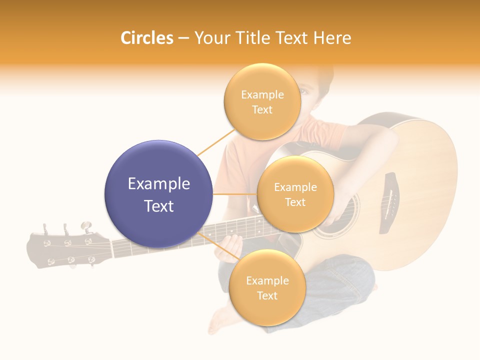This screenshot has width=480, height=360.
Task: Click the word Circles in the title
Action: (147, 38)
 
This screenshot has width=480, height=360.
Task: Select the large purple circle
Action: (158, 194)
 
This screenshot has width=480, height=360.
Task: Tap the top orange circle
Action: (262, 101)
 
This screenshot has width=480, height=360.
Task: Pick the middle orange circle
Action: (295, 194)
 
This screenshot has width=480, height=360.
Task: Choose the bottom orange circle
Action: (266, 287)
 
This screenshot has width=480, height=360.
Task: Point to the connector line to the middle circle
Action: (235, 194)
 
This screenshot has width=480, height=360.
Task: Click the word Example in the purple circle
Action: (158, 184)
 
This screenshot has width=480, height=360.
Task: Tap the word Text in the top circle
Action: (262, 109)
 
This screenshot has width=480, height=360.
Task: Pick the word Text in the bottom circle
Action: (267, 295)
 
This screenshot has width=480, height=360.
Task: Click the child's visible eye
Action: (303, 91)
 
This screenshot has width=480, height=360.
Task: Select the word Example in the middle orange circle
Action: (295, 187)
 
